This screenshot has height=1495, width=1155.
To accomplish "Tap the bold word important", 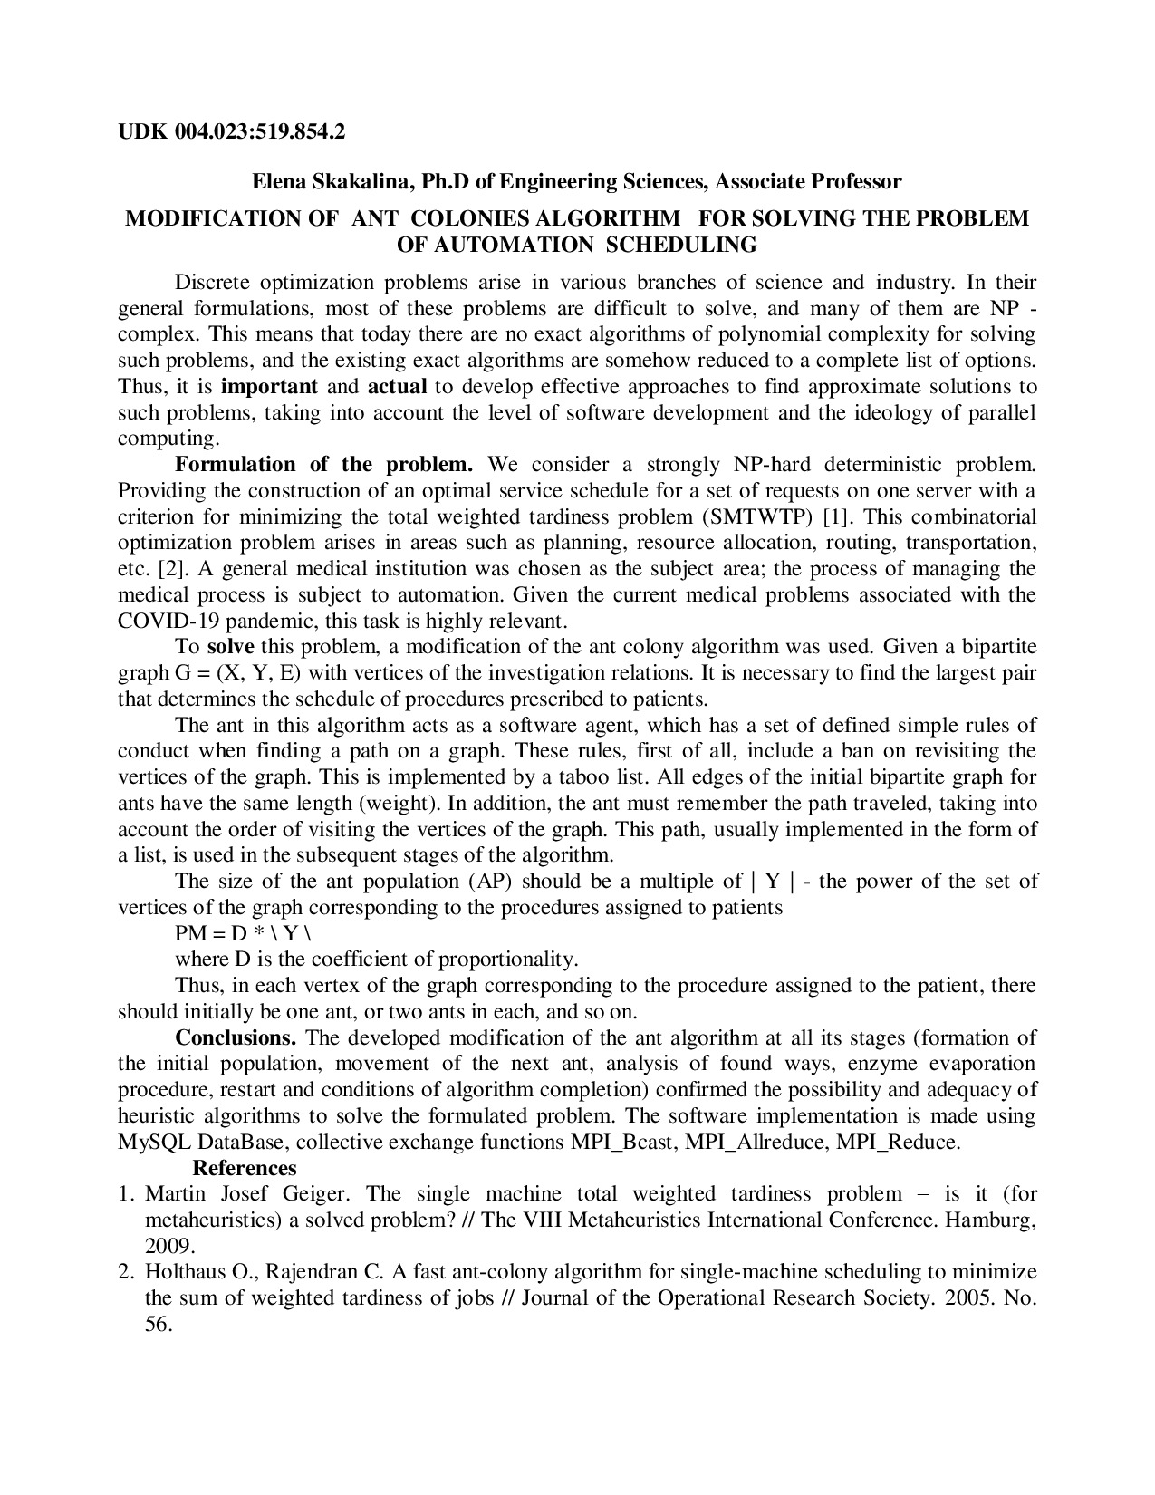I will click(269, 386).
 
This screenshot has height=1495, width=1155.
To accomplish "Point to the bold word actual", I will click(397, 386).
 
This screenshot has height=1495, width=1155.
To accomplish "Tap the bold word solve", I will click(231, 647).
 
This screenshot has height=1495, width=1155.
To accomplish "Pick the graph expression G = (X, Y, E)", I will click(236, 673).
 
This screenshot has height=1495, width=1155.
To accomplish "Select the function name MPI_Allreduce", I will click(756, 1142).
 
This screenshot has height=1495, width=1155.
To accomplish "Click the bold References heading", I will click(245, 1168).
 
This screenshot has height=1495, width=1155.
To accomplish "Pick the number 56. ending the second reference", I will click(158, 1324).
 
